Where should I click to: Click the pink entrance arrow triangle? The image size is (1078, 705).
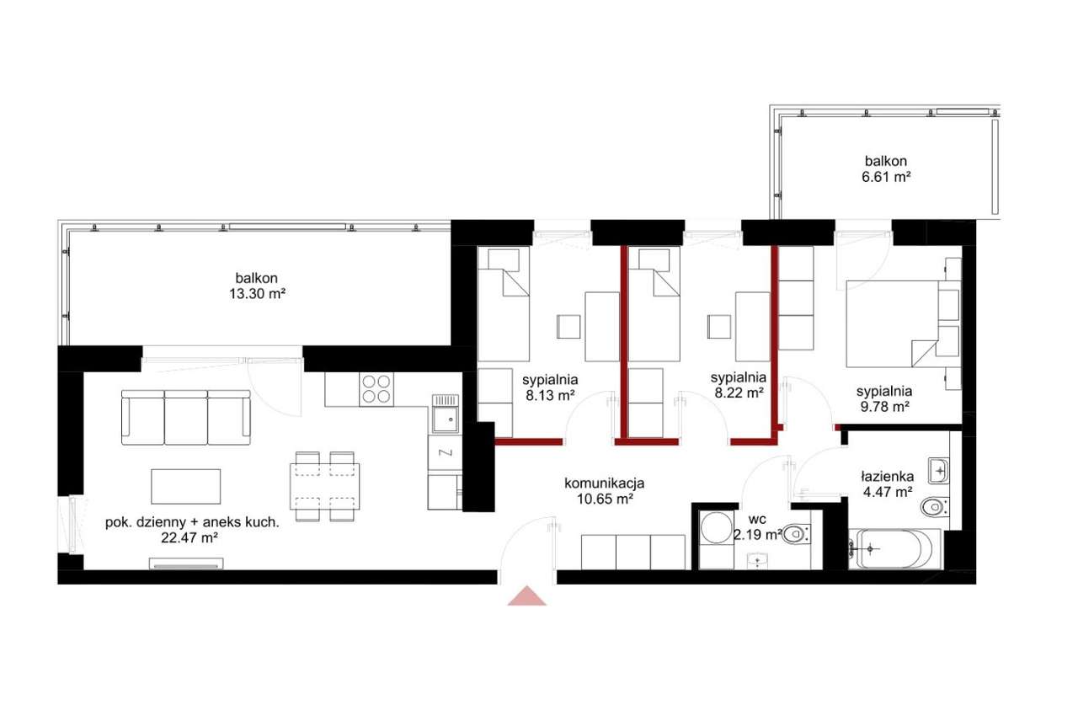click(x=527, y=596)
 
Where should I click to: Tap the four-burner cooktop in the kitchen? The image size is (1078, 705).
click(x=376, y=389)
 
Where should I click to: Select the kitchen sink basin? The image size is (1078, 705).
click(x=446, y=419)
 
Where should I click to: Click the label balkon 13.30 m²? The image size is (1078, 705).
click(x=257, y=286)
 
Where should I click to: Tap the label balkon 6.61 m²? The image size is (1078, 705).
click(x=886, y=169)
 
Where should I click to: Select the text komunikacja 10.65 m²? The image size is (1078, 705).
click(x=604, y=491)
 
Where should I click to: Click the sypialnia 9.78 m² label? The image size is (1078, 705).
click(x=884, y=399)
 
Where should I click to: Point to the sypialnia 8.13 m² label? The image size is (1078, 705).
click(x=550, y=387)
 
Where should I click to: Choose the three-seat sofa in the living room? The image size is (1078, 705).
click(x=186, y=417)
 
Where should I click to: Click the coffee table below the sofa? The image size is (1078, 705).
click(x=186, y=487)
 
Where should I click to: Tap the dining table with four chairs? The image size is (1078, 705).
click(x=325, y=486)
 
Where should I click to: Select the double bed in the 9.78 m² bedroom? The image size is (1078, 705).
click(x=893, y=324)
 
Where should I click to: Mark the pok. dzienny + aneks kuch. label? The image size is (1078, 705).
click(x=191, y=530)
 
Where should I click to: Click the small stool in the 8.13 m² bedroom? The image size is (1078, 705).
click(x=568, y=327)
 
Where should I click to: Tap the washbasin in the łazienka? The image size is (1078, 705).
click(x=938, y=471)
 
